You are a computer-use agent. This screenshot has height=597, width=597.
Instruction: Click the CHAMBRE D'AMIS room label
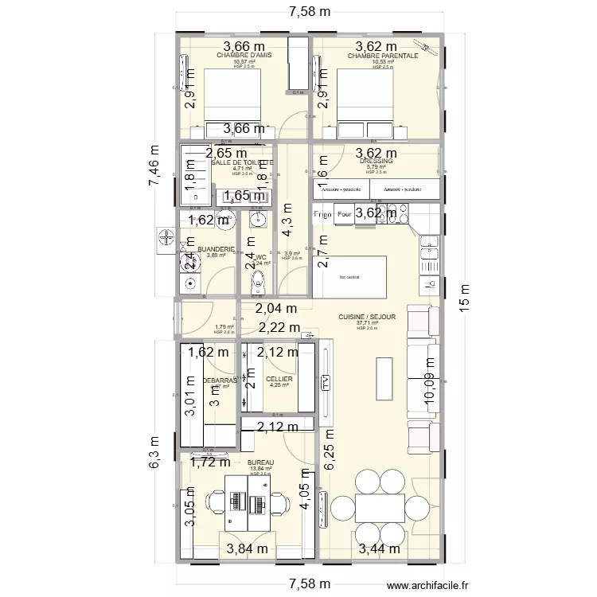pos(244,56)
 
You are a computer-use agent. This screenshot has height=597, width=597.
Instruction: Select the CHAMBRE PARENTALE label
pos(382,57)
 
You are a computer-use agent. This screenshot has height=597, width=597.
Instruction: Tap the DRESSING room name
pos(377,161)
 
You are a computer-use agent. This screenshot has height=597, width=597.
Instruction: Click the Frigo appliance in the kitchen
pos(322,214)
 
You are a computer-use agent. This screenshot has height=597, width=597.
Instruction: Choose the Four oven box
pos(345,214)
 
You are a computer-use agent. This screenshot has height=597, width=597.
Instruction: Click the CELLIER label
pos(279,380)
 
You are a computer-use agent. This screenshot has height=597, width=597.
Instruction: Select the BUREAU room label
pos(260,462)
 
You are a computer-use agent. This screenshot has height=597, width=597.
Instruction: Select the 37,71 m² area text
pos(367,323)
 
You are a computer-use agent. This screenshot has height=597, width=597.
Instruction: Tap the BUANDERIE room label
pos(216,249)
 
